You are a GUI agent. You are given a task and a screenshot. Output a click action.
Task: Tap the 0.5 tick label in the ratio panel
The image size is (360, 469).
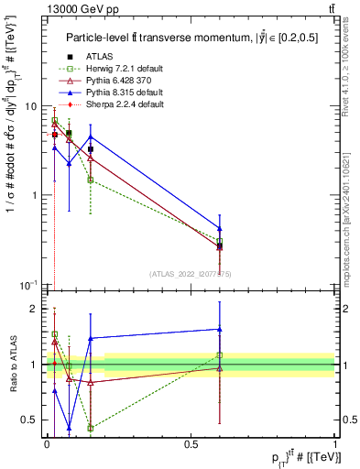(31, 420)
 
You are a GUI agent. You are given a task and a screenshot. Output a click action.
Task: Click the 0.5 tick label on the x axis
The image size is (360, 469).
(191, 442)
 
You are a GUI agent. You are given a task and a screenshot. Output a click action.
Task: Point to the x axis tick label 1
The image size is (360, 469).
(335, 442)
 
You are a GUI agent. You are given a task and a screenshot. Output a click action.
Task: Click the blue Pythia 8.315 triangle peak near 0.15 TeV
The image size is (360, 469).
(91, 136)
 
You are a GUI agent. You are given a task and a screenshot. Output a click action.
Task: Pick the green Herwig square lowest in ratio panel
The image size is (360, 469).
(91, 428)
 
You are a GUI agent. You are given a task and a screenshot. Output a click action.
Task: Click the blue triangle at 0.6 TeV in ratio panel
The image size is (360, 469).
(220, 329)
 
